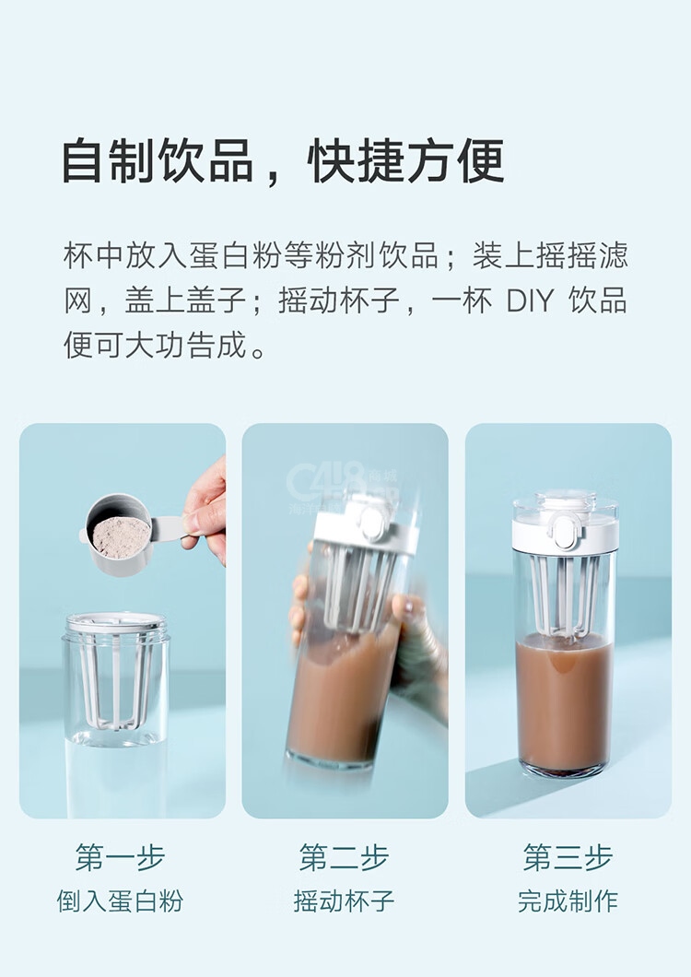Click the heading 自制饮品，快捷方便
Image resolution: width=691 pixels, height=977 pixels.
(x=284, y=160)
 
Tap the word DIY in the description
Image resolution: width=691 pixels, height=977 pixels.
(x=530, y=300)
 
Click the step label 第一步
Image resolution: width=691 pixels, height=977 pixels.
(x=121, y=857)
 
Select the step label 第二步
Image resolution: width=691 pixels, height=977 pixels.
(x=344, y=857)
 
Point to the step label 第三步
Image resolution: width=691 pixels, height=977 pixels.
(x=568, y=857)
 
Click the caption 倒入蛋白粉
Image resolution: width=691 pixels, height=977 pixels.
(x=121, y=901)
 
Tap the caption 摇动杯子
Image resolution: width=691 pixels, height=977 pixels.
(x=344, y=901)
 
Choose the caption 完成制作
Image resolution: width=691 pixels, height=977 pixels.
(x=568, y=901)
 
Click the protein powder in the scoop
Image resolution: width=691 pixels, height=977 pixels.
(x=122, y=536)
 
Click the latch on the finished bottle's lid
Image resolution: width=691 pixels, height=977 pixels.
(x=565, y=532)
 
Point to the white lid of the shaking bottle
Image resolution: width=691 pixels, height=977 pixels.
(x=364, y=524)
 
